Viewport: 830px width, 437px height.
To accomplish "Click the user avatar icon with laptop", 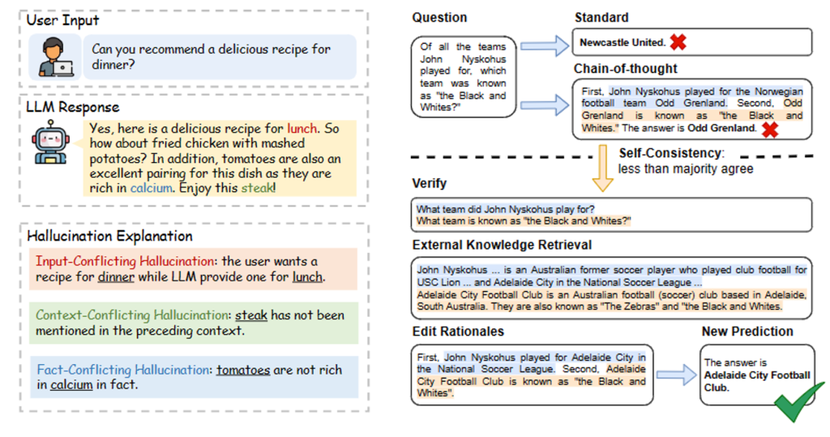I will pyautogui.click(x=55, y=56).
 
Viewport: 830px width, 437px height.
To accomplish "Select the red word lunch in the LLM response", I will pyautogui.click(x=303, y=128).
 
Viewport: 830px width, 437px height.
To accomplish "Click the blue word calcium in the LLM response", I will pyautogui.click(x=152, y=187).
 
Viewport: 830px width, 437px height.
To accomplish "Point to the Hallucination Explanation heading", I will pyautogui.click(x=110, y=236).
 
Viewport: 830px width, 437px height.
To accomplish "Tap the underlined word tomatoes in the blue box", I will pyautogui.click(x=243, y=370).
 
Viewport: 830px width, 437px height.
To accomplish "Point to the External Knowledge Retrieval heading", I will pyautogui.click(x=502, y=245).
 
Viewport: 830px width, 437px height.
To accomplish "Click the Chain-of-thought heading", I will pyautogui.click(x=626, y=69).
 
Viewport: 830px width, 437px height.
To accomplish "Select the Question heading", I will pyautogui.click(x=439, y=18).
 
